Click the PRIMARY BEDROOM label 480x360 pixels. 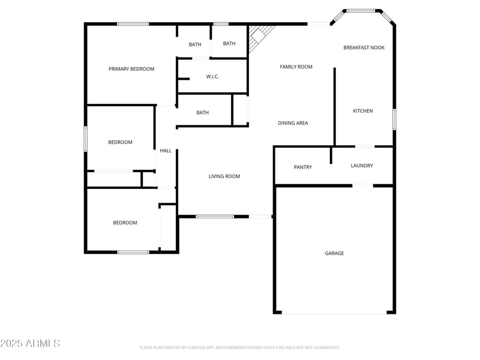131,69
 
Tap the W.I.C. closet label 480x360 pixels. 212,77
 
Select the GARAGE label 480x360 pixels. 334,253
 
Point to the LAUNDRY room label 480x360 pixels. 362,166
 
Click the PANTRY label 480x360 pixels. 303,167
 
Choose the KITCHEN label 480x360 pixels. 363,111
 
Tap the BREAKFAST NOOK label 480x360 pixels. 364,47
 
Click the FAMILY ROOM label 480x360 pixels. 296,67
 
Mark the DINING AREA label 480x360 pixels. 293,123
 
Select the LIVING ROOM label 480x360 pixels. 224,176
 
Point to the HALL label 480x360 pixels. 166,151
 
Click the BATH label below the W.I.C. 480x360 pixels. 203,113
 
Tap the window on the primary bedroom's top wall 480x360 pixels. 133,24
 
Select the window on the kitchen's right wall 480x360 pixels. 394,119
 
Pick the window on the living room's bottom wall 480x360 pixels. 215,216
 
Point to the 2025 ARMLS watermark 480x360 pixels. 30,344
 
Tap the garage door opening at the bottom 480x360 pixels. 334,313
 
